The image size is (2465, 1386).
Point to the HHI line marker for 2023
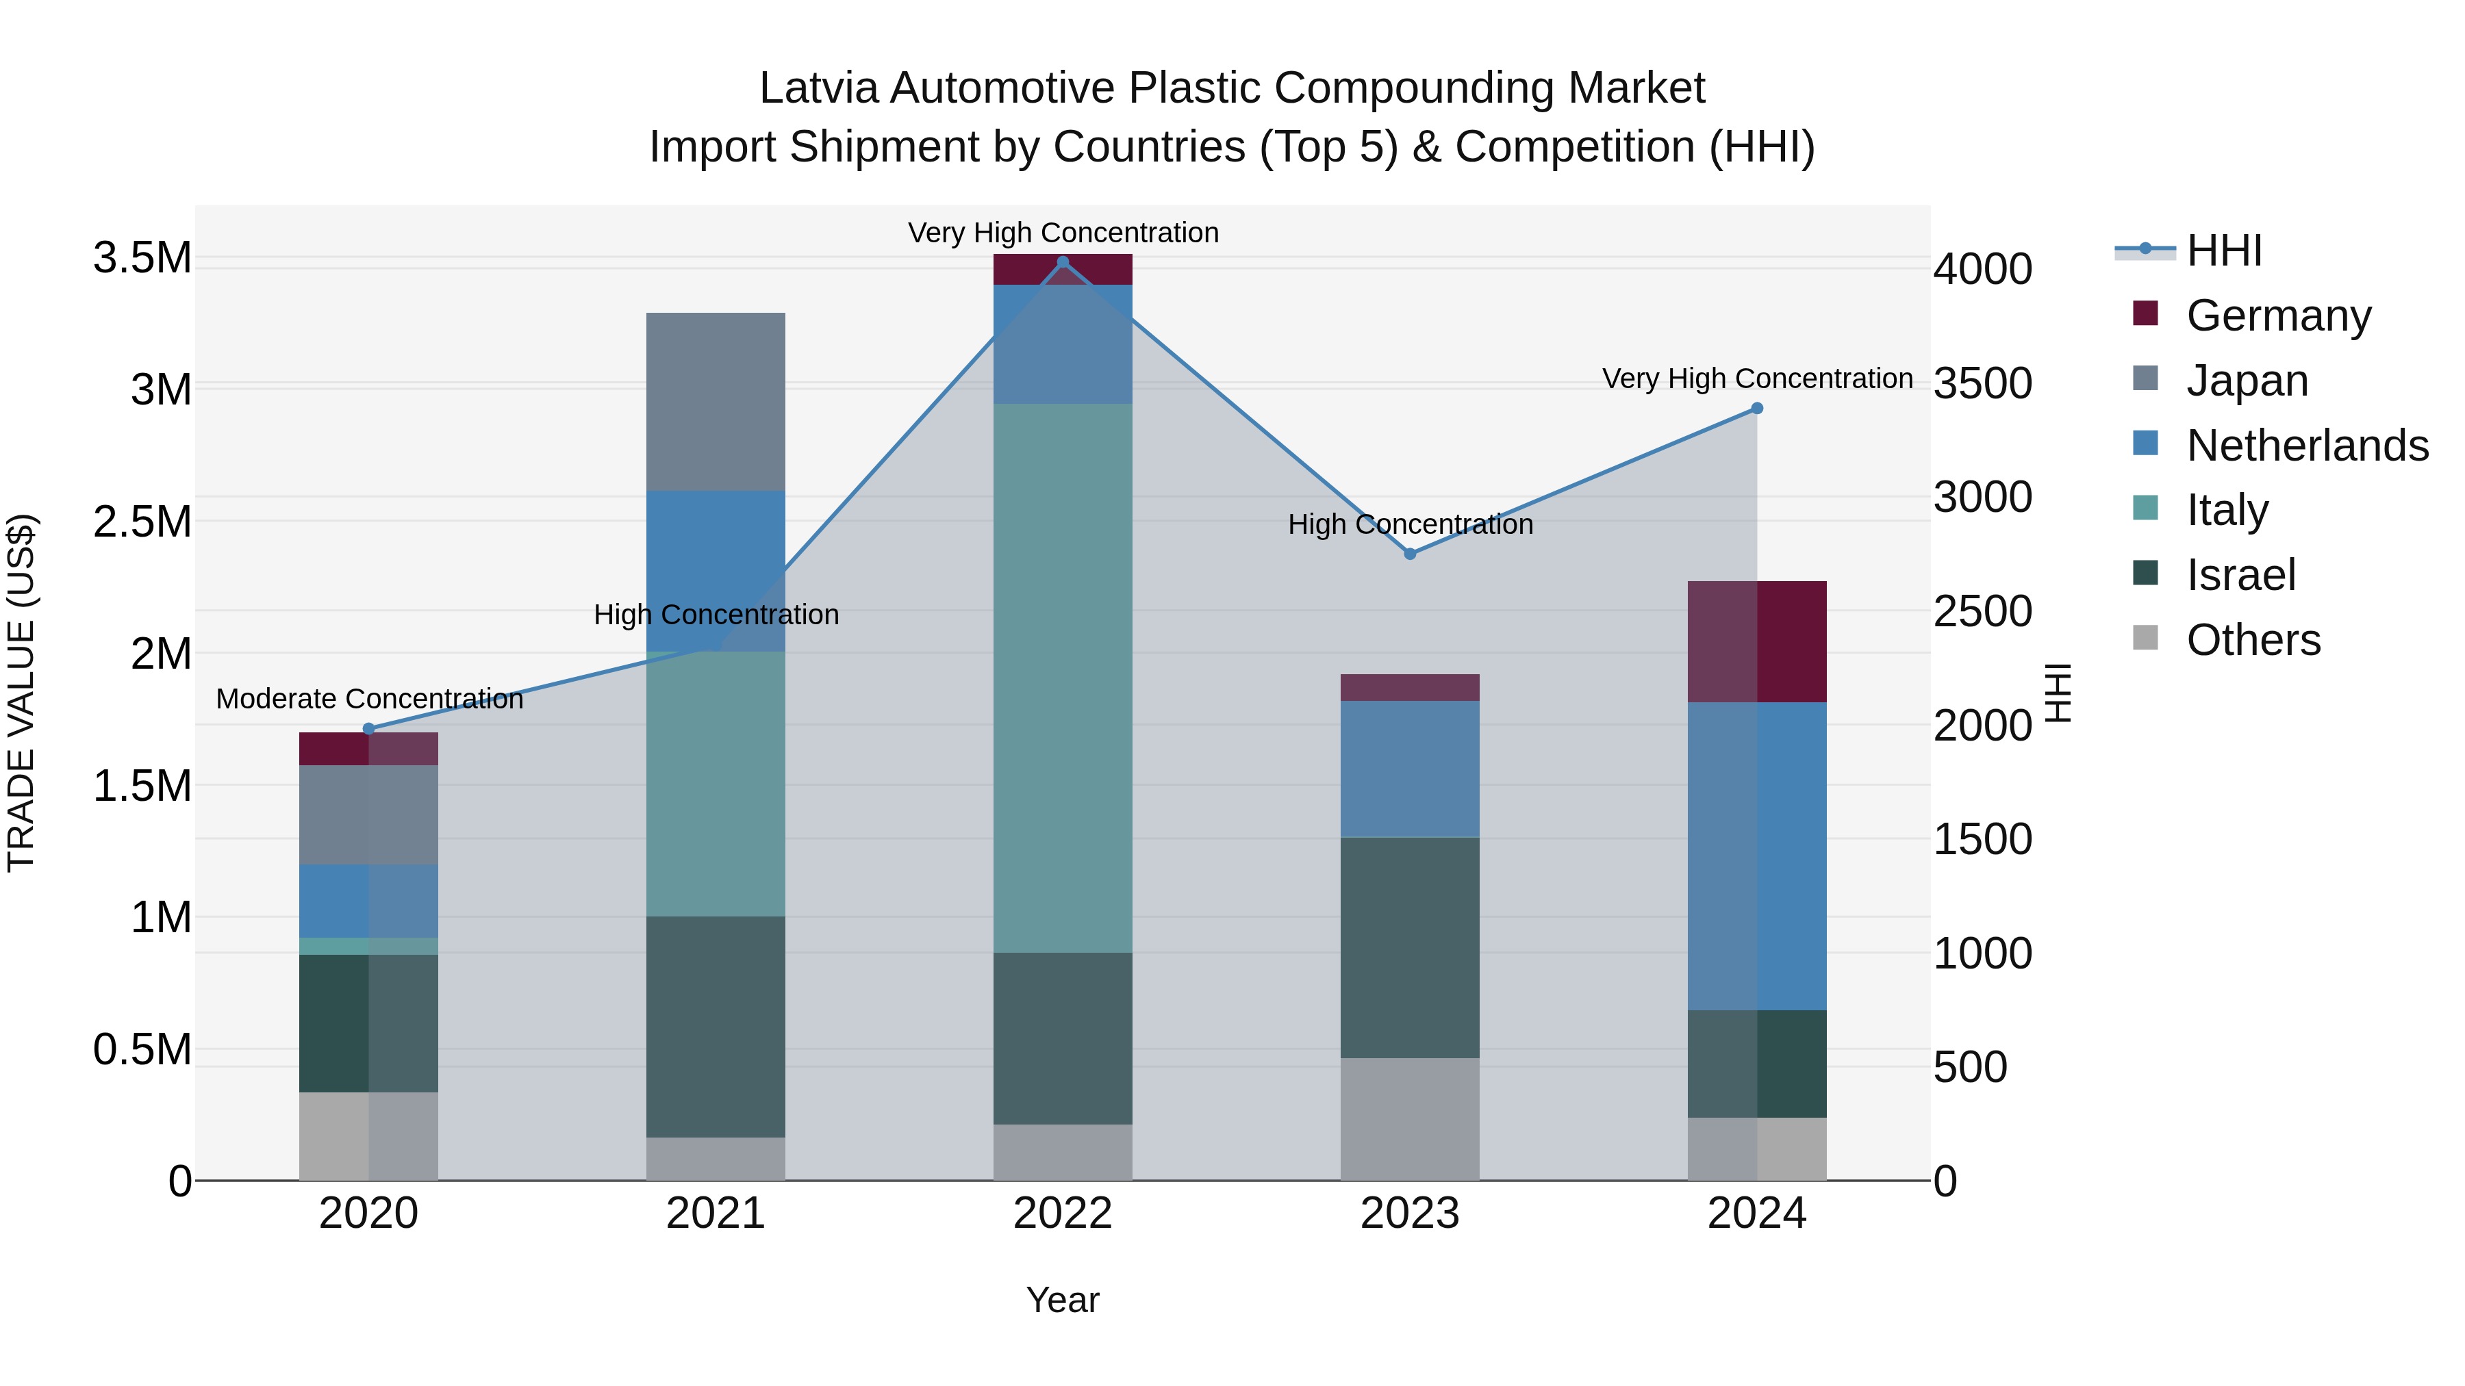(1410, 554)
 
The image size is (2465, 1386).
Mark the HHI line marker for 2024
(1757, 409)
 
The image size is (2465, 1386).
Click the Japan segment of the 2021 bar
(716, 402)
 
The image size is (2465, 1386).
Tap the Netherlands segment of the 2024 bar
(1757, 856)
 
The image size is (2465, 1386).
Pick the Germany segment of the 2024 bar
(1757, 642)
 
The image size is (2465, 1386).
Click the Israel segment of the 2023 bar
(1410, 947)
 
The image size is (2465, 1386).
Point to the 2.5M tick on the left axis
(142, 522)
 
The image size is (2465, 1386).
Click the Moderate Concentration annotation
(369, 700)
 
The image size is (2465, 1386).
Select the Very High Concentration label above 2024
(1757, 378)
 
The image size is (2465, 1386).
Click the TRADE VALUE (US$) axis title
(21, 693)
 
